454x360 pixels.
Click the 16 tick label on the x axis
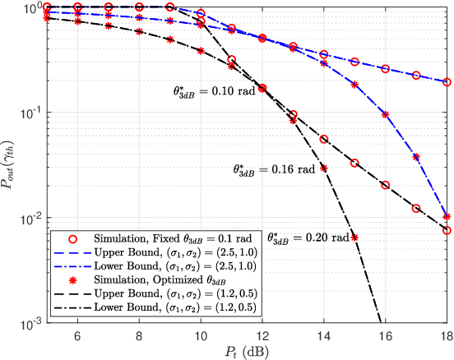pyautogui.click(x=385, y=335)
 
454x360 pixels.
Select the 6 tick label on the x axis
pyautogui.click(x=77, y=335)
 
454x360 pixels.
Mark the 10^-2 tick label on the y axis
pyautogui.click(x=31, y=219)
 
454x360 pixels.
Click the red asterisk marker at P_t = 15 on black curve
pyautogui.click(x=354, y=238)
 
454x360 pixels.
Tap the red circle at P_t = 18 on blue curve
pyautogui.click(x=447, y=82)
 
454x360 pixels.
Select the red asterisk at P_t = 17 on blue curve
pyautogui.click(x=416, y=156)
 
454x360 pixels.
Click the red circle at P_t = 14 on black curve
pyautogui.click(x=324, y=140)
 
